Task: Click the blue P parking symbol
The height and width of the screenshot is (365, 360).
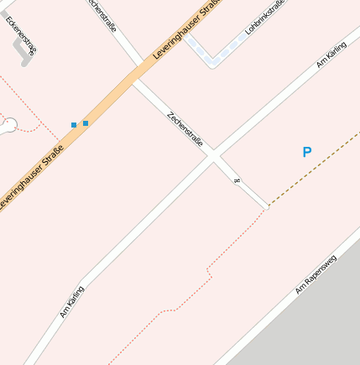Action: [x=306, y=152]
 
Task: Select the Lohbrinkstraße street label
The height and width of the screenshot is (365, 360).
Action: [x=265, y=17]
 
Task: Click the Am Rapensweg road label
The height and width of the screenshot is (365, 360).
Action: [x=315, y=274]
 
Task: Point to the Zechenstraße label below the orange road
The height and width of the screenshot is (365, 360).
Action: [x=185, y=128]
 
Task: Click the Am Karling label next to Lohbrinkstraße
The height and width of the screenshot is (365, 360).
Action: [x=331, y=54]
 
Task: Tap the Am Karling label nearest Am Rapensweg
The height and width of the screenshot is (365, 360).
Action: [x=71, y=301]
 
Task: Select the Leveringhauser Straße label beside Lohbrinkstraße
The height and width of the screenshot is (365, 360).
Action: [x=189, y=29]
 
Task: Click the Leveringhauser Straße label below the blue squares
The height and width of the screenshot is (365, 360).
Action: [x=31, y=178]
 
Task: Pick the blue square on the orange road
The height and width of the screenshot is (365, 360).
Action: [x=86, y=123]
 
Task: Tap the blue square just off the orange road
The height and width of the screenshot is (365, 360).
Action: [x=74, y=125]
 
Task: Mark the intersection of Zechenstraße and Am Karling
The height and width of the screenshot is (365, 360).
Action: [x=214, y=155]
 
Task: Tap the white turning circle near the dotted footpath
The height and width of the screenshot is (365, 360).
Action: [x=9, y=127]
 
